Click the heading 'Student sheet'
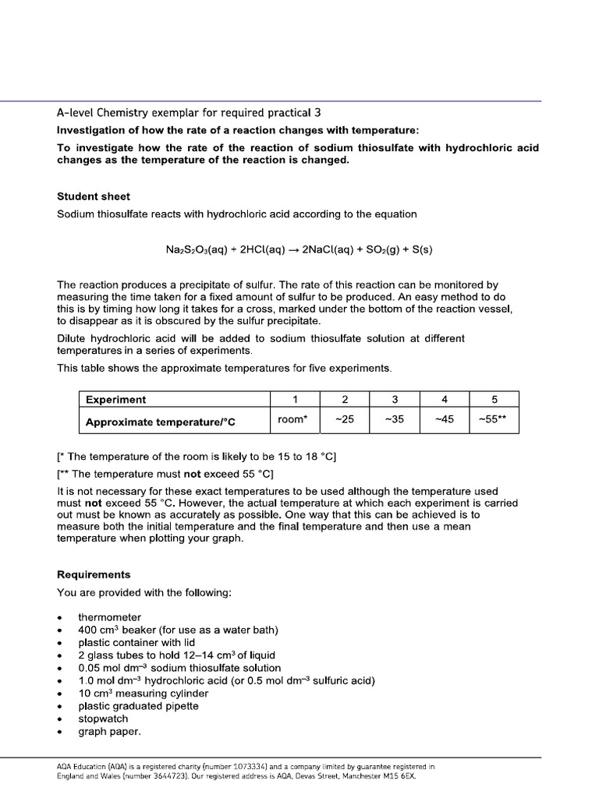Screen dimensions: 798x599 (x=94, y=196)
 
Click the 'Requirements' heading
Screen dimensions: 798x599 (x=94, y=574)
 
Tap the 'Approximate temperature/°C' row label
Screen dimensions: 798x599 (x=160, y=422)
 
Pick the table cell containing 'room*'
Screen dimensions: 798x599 (x=292, y=421)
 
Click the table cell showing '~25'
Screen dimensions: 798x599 (x=344, y=421)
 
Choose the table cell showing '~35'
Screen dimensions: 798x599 (x=395, y=421)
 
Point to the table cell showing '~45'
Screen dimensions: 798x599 (x=444, y=421)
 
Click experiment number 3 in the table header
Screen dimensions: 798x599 (x=395, y=400)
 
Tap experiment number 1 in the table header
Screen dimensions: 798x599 (x=292, y=400)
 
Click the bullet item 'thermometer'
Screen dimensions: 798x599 (x=110, y=617)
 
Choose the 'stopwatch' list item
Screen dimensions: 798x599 (x=103, y=719)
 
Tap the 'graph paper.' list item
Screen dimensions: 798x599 (x=109, y=732)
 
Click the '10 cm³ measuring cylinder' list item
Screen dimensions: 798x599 (x=143, y=694)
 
